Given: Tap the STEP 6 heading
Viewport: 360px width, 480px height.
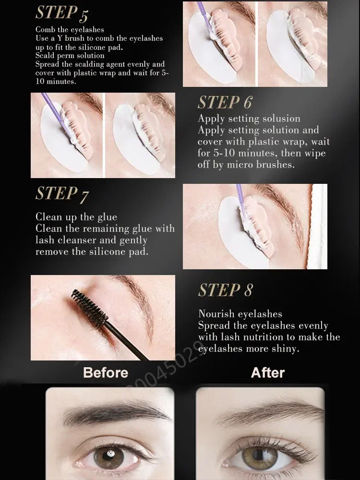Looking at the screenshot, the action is tap(225, 102).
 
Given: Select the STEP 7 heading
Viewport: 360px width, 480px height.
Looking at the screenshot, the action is tap(62, 194).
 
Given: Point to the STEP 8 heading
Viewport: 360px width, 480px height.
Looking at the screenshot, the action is tap(226, 290).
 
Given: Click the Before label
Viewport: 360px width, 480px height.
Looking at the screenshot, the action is tap(106, 372).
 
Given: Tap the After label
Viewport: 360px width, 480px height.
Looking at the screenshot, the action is tap(268, 372).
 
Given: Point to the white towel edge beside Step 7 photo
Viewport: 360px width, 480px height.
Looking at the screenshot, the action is tap(318, 227).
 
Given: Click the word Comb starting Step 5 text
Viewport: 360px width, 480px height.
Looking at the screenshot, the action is tap(44, 30).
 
